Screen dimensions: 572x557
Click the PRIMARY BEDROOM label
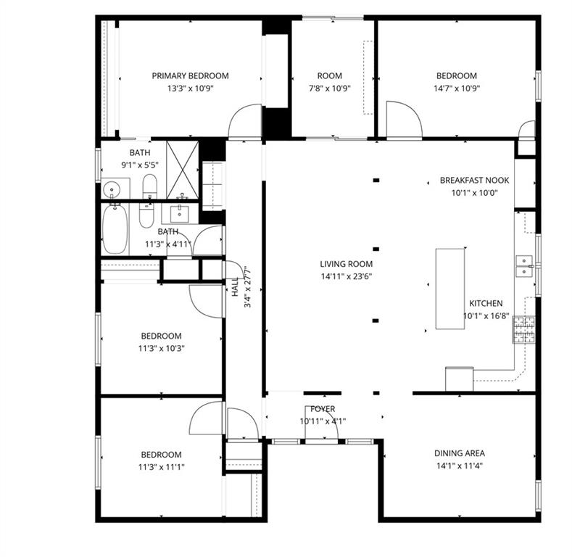190,76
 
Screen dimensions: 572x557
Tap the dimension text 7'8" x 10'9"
330,88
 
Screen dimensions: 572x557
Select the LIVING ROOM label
347,264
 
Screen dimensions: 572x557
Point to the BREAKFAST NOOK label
474,181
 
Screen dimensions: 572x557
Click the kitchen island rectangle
450,289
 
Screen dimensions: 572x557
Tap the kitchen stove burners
524,329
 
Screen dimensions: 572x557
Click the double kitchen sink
525,265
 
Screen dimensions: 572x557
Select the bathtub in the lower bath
115,229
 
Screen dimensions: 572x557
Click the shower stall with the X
183,170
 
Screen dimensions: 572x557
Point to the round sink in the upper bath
112,189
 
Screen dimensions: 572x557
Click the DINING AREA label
460,453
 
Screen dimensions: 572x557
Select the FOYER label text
323,409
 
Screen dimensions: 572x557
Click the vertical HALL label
236,286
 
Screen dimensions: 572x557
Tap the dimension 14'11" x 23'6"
347,276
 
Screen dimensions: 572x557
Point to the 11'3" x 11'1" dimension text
161,467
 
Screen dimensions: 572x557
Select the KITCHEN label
486,303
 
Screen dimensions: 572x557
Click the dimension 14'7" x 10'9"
456,88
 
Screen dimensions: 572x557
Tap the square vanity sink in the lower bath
180,214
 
